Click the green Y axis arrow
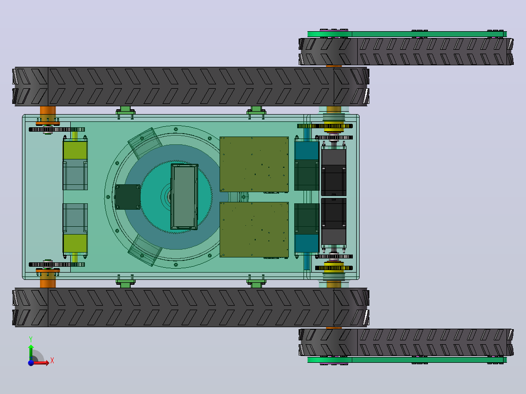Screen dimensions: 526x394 tap(31, 353)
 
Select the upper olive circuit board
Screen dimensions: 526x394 tap(254, 164)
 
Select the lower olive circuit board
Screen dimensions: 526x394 tap(254, 230)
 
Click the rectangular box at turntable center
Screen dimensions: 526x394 tap(184, 197)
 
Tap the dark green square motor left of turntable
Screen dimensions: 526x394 tap(127, 197)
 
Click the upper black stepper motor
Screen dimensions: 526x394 tap(334, 172)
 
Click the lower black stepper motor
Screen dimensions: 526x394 tap(334, 221)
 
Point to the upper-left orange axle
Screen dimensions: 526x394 tap(48, 114)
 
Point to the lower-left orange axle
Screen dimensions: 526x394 tap(48, 279)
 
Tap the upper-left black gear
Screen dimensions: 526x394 tap(57, 129)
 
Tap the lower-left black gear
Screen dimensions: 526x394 tap(57, 265)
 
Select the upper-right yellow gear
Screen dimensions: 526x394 tap(334, 126)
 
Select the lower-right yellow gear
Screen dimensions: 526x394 tap(334, 268)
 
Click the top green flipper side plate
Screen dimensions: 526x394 tap(407, 34)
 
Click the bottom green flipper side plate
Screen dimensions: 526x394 tap(407, 360)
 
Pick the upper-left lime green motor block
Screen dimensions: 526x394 tap(75, 150)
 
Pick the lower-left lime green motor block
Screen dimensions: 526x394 tap(75, 244)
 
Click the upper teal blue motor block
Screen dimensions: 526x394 tap(306, 150)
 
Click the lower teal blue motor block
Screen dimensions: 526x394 tap(306, 243)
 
